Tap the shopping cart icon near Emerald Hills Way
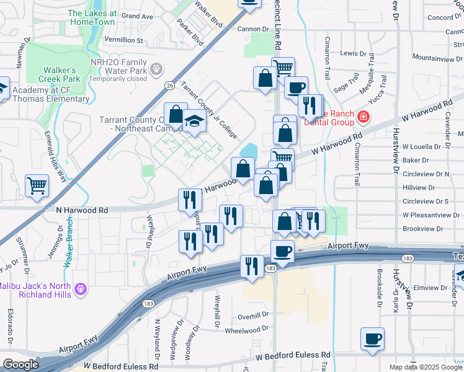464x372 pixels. [x=37, y=185]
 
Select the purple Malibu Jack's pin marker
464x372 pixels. [x=79, y=289]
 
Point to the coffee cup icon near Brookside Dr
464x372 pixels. [x=372, y=339]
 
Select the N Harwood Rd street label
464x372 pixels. [x=82, y=211]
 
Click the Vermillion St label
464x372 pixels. [x=123, y=40]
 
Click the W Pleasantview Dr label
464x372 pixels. [x=431, y=215]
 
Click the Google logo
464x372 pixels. [x=20, y=365]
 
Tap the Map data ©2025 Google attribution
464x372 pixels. [x=425, y=367]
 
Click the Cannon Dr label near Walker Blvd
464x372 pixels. [x=251, y=29]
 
